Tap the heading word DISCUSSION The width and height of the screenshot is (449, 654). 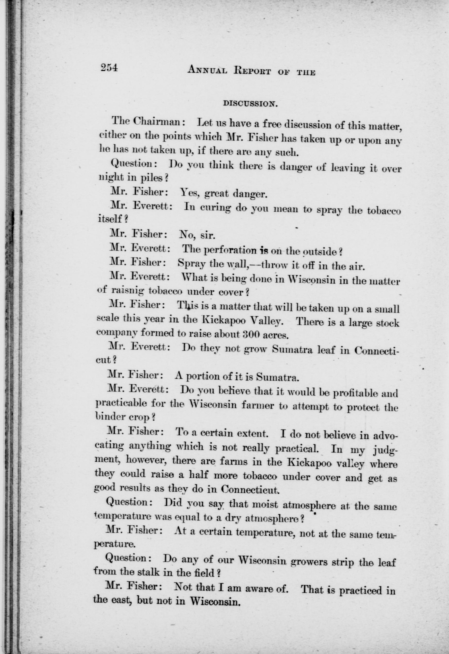tap(250, 104)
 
